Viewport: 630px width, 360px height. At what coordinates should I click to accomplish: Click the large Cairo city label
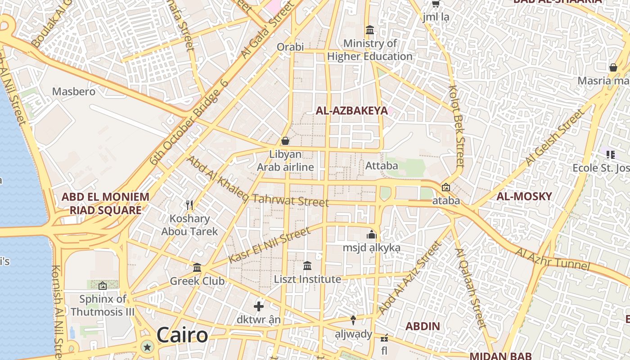coord(182,335)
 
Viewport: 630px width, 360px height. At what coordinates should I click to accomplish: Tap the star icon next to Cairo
coord(147,346)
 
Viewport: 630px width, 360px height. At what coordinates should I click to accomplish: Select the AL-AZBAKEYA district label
coord(351,111)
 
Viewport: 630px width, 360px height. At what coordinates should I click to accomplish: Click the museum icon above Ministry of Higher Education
coord(370,30)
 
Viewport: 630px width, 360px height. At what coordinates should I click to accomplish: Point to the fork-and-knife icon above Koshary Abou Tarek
coord(189,205)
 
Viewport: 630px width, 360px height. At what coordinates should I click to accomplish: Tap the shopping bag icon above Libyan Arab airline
coord(285,141)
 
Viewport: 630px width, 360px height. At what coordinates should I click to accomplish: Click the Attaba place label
coord(382,166)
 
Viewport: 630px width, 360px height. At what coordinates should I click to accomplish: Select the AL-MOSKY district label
coord(524,196)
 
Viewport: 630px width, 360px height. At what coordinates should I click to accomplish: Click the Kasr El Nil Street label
coord(269,246)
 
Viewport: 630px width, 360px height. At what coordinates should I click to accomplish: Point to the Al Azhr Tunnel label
coord(553,259)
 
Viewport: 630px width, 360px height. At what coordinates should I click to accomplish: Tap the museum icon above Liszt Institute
coord(307,266)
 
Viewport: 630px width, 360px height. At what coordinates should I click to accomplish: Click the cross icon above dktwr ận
coord(259,306)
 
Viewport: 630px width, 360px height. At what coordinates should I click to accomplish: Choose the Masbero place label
coord(74,92)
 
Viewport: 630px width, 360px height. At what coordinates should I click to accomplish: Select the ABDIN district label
coord(423,326)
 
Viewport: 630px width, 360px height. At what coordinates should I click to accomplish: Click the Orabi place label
coord(290,47)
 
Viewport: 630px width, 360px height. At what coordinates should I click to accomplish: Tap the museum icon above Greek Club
coord(197,268)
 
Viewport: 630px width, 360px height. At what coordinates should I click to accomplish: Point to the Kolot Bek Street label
coord(456,127)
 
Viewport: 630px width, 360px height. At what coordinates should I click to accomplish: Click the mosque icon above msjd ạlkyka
coord(371,234)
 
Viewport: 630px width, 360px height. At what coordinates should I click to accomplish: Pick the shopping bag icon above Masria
coord(613,67)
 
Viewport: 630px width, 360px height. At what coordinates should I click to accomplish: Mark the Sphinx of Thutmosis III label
coord(103,305)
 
